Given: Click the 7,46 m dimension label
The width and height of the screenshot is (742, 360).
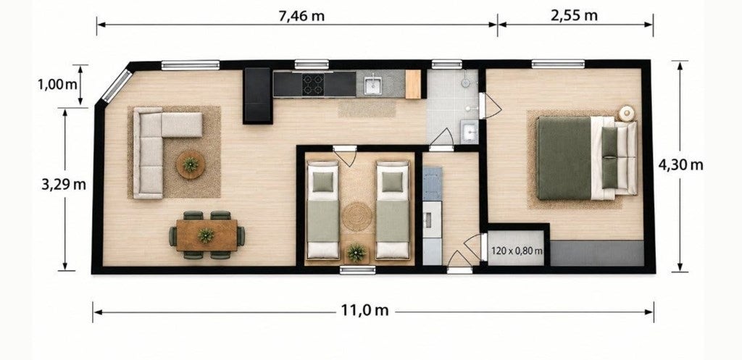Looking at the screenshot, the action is (x=302, y=16).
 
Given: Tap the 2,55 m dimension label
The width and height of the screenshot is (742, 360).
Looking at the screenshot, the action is (x=574, y=16).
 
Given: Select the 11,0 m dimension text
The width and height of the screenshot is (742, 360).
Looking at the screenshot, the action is (x=365, y=310).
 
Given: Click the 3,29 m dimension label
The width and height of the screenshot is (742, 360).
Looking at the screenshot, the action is (x=64, y=184).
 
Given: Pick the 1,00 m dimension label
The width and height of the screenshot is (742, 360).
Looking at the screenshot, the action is (x=57, y=85).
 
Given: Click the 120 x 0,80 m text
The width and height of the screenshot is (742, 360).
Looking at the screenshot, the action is (x=517, y=250).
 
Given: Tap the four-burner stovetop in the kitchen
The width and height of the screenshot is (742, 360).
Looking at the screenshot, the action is (x=313, y=84).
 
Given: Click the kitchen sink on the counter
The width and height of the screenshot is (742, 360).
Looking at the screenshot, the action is (x=373, y=84).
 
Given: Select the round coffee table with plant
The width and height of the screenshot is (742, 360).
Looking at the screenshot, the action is (x=191, y=164).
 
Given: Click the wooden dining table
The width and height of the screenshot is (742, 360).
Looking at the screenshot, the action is (x=207, y=235).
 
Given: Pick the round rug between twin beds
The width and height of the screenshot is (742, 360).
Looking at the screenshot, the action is (x=357, y=216).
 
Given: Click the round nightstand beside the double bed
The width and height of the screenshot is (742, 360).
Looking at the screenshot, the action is (x=627, y=114).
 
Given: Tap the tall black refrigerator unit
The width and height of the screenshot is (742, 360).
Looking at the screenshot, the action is (x=258, y=96).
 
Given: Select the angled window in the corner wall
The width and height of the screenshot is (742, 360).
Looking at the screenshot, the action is (x=117, y=85).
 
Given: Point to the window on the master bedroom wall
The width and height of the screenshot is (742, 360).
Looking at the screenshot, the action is (x=558, y=64).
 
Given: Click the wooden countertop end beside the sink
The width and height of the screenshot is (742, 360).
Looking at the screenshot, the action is (x=413, y=84).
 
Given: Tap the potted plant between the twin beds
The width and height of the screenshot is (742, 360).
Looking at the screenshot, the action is (x=357, y=253).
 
